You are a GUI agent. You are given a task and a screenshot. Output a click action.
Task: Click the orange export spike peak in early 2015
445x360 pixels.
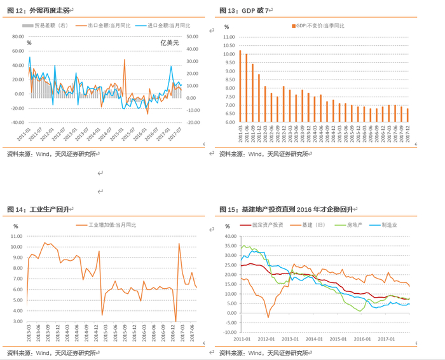125,60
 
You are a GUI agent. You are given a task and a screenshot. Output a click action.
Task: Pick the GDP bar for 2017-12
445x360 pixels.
407,115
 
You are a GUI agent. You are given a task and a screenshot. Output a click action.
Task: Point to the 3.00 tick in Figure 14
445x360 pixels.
16,321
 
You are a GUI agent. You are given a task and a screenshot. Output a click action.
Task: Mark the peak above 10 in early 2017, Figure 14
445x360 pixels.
179,244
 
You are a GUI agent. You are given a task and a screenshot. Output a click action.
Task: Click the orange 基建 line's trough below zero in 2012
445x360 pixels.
268,317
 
